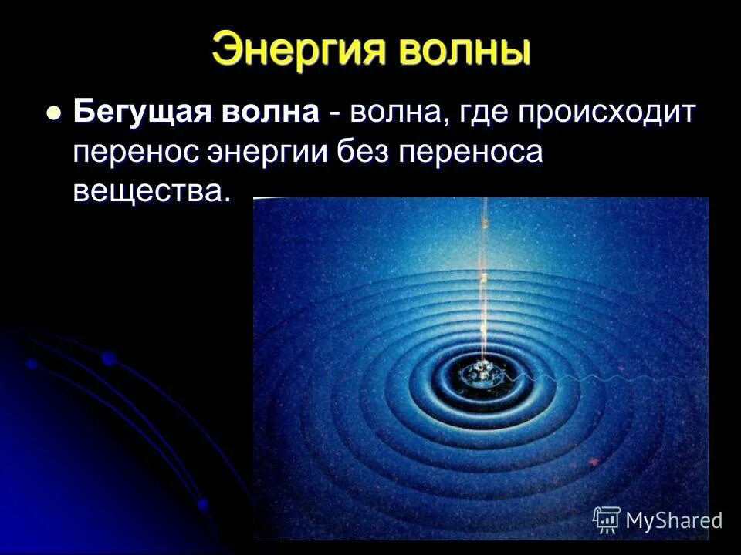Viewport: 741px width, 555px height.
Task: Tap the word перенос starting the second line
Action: (134, 151)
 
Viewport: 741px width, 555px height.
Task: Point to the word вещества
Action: (151, 190)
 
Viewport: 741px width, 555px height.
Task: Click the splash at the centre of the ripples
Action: (480, 374)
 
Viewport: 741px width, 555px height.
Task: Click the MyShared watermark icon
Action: (607, 520)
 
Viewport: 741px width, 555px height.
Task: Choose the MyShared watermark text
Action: (674, 521)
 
